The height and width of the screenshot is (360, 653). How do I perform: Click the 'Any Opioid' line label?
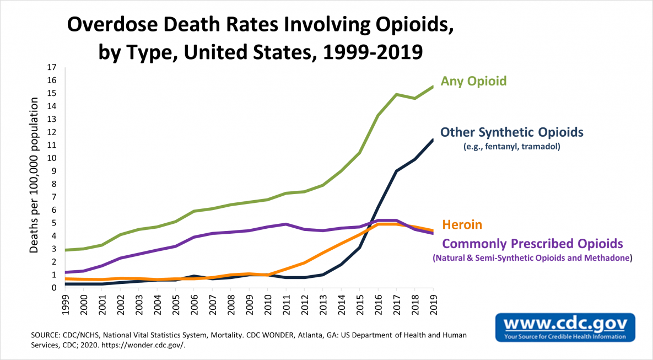coord(473,81)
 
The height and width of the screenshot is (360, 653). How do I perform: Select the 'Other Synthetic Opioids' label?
coord(511,132)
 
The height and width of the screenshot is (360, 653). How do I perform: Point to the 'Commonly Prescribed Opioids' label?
coord(533,243)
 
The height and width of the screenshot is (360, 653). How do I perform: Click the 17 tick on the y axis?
coord(52,67)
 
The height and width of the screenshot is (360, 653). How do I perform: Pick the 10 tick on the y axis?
coord(52,158)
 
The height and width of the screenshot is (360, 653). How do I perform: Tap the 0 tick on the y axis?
coord(55,288)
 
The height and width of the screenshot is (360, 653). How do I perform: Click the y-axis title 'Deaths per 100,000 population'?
coord(34,175)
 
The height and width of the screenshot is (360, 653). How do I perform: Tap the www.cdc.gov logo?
coord(565,326)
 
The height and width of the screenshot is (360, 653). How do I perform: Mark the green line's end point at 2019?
coord(433,86)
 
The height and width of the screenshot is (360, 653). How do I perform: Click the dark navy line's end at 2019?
coord(433,139)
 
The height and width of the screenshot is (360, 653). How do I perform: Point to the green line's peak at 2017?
coord(396,94)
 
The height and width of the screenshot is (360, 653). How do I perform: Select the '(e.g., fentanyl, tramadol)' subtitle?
coord(511,147)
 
